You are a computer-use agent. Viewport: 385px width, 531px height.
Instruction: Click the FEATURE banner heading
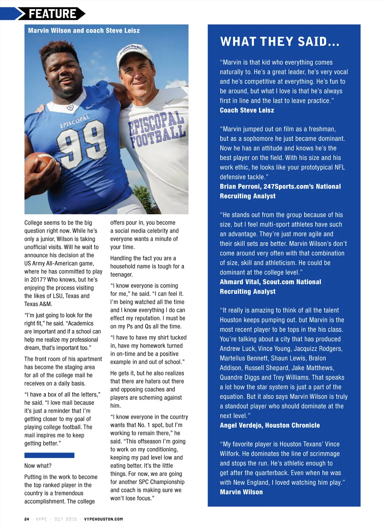pyautogui.click(x=52, y=14)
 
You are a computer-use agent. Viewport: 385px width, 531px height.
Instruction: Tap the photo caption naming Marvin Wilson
pyautogui.click(x=83, y=30)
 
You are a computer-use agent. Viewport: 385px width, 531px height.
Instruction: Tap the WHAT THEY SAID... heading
pyautogui.click(x=280, y=42)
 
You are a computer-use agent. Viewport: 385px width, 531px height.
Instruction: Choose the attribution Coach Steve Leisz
pyautogui.click(x=247, y=110)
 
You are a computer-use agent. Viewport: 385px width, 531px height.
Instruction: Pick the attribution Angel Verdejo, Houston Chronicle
pyautogui.click(x=270, y=425)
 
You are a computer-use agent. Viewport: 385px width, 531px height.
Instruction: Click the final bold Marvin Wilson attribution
pyautogui.click(x=241, y=492)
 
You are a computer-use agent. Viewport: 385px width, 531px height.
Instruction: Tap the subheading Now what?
pyautogui.click(x=38, y=466)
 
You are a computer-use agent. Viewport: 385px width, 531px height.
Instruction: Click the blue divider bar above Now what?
pyautogui.click(x=49, y=455)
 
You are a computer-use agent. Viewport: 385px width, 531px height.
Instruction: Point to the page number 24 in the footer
pyautogui.click(x=27, y=519)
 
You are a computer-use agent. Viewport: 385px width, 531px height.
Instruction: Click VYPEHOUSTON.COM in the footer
pyautogui.click(x=103, y=519)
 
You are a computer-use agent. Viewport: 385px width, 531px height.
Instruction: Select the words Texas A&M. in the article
pyautogui.click(x=38, y=304)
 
